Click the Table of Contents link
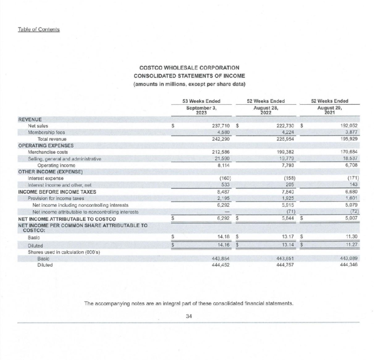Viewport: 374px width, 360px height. tap(38, 29)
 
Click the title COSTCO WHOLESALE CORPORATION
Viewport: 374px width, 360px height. tap(189, 68)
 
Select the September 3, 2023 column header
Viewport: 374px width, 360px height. tap(201, 110)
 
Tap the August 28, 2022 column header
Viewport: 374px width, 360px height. tap(266, 110)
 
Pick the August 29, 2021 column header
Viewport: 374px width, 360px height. tap(330, 110)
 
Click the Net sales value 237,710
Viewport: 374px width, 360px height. tap(221, 126)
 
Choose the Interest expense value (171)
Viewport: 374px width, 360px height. tap(353, 178)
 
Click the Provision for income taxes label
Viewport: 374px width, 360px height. tap(56, 198)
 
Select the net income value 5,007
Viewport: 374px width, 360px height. tap(351, 218)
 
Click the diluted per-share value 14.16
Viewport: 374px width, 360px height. tap(223, 245)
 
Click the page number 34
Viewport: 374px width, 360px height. tap(189, 316)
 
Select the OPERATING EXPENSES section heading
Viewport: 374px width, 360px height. tap(46, 145)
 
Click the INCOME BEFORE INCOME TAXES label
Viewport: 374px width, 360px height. tap(57, 192)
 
